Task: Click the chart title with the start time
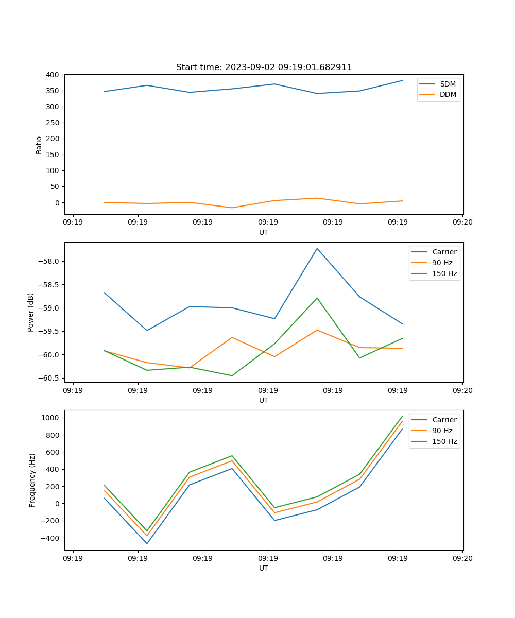pos(264,67)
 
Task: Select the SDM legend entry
pos(448,84)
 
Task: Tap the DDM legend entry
pos(448,94)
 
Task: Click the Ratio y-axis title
pos(39,145)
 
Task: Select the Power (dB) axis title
pos(31,312)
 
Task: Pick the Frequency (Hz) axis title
pos(32,480)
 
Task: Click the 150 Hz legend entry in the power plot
pos(444,273)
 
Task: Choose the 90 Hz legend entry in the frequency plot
pos(442,431)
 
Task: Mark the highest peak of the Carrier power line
pos(317,248)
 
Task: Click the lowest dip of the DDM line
pos(232,208)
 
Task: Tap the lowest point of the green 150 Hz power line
pos(232,375)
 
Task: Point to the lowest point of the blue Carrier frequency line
pos(147,543)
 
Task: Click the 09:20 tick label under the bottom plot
pos(462,558)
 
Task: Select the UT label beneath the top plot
pos(264,232)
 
